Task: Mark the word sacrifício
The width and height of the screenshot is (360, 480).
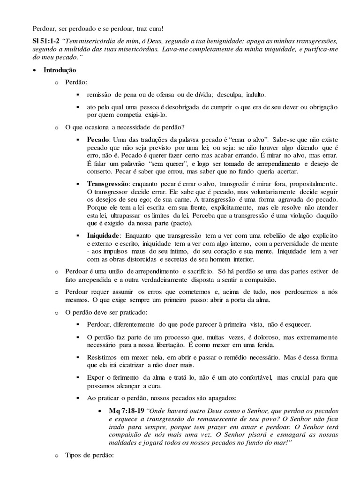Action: click(209, 271)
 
